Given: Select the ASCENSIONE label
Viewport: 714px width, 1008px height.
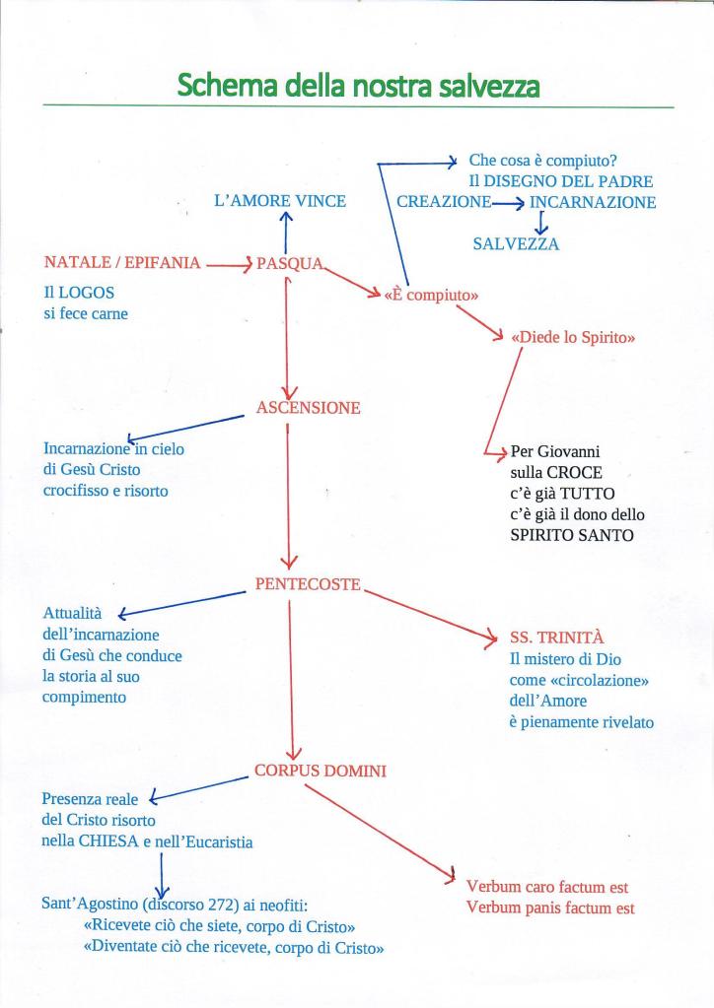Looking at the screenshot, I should (308, 408).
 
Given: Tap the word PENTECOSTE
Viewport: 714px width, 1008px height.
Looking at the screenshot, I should (308, 584).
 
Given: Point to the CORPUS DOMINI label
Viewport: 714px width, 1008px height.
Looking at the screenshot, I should (321, 772).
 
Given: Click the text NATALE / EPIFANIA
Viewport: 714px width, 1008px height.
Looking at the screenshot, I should (122, 263).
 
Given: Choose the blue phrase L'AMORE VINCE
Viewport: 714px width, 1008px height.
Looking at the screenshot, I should (280, 201).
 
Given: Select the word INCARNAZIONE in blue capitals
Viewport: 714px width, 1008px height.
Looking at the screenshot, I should (593, 202).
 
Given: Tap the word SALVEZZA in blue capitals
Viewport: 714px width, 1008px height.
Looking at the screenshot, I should (516, 244).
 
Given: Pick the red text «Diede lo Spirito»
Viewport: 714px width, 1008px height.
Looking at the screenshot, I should (573, 338).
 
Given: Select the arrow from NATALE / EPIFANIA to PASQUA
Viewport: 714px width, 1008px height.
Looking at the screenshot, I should (229, 264).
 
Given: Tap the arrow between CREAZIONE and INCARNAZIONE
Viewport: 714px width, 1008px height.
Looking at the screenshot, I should (508, 203).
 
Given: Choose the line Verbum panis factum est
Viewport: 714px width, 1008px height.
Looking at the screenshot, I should (550, 908).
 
